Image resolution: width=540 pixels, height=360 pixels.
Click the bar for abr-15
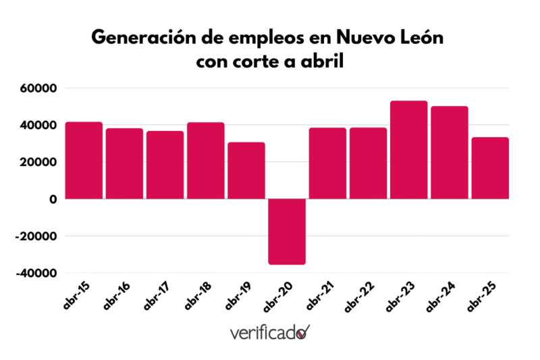[x=84, y=161]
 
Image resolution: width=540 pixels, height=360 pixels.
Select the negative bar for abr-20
[x=287, y=232]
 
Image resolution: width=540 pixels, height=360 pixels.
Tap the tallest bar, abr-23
[x=408, y=150]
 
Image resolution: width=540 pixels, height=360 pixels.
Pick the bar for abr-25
[x=489, y=168]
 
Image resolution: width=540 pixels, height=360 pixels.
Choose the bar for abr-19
[x=246, y=171]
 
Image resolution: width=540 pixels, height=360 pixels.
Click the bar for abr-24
[x=449, y=153]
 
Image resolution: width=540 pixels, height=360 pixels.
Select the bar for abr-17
[x=165, y=165]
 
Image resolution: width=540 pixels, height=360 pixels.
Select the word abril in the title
[x=325, y=62]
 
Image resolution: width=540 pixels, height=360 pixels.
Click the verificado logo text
[x=263, y=333]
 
